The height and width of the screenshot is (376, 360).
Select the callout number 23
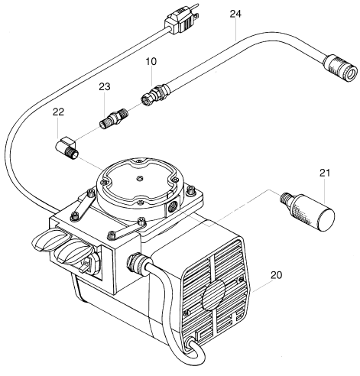(x=105, y=87)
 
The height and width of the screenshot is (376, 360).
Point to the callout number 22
(x=58, y=113)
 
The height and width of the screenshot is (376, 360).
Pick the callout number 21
(x=325, y=175)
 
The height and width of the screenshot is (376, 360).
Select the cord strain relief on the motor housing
(x=137, y=264)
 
